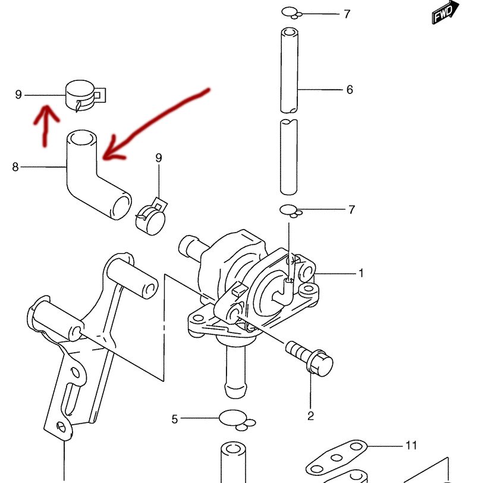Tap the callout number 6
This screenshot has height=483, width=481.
click(350, 90)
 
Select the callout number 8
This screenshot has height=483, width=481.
click(15, 167)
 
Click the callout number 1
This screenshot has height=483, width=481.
click(360, 273)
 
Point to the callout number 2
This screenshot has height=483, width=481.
click(310, 416)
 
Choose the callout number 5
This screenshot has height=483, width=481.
click(175, 419)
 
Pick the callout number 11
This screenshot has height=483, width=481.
click(411, 445)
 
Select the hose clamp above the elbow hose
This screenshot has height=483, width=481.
click(83, 95)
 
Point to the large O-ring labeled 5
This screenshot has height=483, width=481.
click(232, 418)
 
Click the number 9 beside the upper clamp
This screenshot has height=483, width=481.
click(18, 95)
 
